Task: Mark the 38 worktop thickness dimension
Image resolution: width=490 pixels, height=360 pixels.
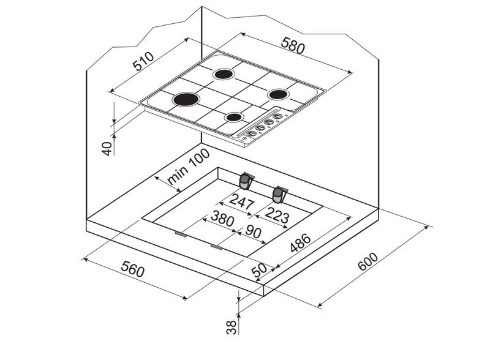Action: tap(231, 327)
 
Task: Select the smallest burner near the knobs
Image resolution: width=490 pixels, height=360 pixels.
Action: tap(235, 116)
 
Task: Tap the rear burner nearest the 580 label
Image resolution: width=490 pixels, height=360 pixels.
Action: tap(224, 75)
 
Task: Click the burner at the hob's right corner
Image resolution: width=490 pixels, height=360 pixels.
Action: tap(279, 94)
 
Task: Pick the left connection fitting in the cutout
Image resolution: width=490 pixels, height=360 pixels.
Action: tap(246, 181)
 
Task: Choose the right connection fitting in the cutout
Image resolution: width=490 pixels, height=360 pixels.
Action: tap(280, 194)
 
